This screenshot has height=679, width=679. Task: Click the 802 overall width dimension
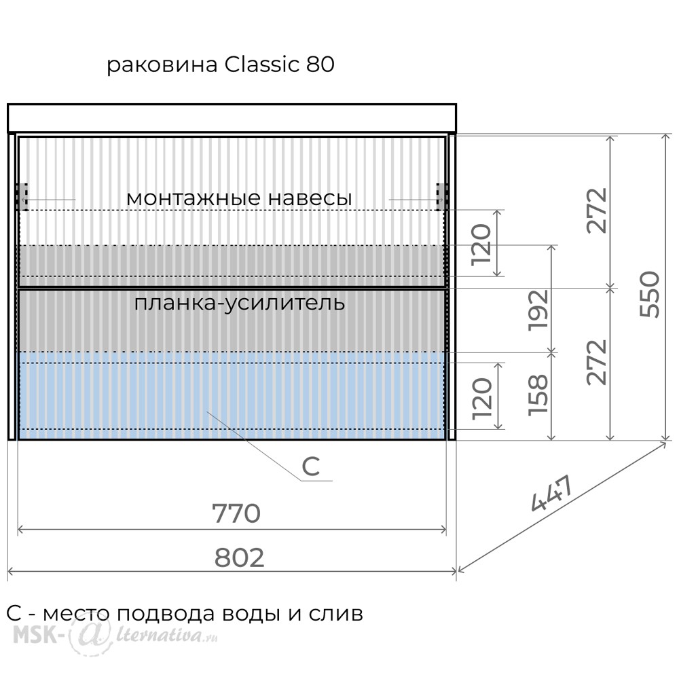click(x=239, y=557)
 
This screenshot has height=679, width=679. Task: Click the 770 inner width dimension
click(x=236, y=513)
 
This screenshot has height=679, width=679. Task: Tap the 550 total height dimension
click(x=650, y=294)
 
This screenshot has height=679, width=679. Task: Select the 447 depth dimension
click(x=552, y=493)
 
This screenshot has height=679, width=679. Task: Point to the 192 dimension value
click(x=538, y=310)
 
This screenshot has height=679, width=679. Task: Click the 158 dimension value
click(x=538, y=395)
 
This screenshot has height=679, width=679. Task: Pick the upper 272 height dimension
click(x=597, y=210)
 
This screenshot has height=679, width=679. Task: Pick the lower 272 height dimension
click(x=597, y=362)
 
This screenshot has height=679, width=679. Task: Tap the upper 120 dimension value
click(x=481, y=244)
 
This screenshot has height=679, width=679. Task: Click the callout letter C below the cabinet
click(x=310, y=467)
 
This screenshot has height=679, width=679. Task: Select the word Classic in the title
click(x=261, y=64)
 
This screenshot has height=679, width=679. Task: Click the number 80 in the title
click(x=320, y=64)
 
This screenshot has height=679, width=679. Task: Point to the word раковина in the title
click(x=162, y=65)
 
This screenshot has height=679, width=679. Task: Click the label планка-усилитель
click(x=240, y=304)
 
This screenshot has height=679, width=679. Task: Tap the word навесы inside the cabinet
click(x=310, y=198)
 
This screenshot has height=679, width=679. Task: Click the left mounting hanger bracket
click(x=22, y=197)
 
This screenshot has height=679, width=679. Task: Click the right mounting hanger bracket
click(x=441, y=197)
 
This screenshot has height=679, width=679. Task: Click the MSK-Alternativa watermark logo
click(x=115, y=636)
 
